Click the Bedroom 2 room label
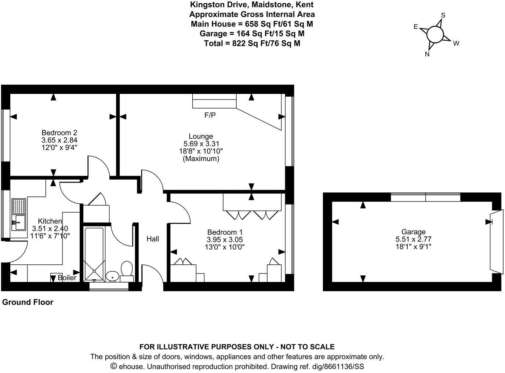coord(59,133)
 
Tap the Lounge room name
coord(201,136)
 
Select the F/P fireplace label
coord(210,115)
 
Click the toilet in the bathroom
coord(127,270)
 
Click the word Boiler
coord(67,278)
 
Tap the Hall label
coord(153,239)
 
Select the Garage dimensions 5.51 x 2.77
coord(413,239)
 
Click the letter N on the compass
coord(427,54)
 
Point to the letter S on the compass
coord(443,15)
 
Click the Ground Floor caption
coord(28,302)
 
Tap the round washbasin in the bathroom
coord(112,276)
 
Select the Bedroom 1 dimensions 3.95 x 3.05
coord(225,240)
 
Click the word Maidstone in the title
coord(270,5)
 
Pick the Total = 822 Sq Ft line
coord(252,43)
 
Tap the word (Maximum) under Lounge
coord(201,159)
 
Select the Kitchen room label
coord(50,221)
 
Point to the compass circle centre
coord(435,35)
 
